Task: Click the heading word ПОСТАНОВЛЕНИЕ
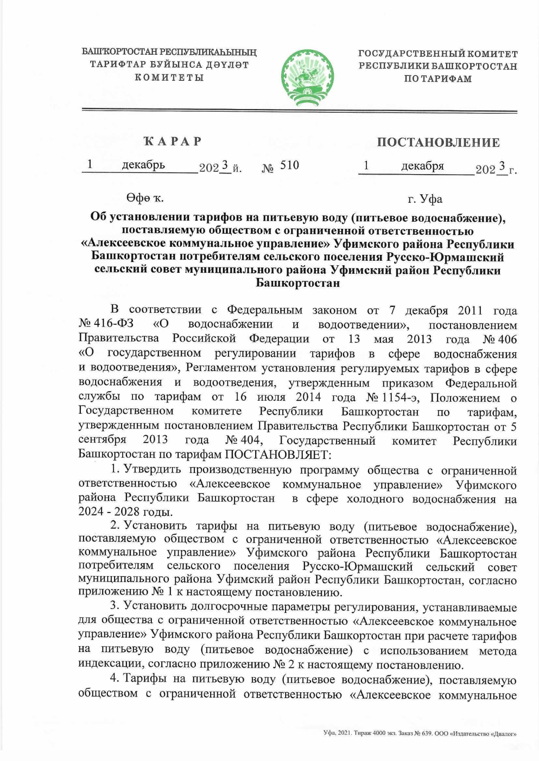(x=438, y=143)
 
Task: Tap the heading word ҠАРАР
(x=172, y=142)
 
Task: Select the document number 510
(x=289, y=166)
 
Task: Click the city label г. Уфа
(x=424, y=199)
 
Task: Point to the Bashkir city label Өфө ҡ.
(x=145, y=198)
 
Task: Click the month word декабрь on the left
(x=143, y=165)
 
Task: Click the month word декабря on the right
(x=422, y=166)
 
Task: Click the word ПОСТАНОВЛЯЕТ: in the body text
(x=278, y=455)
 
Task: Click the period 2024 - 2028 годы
(x=125, y=512)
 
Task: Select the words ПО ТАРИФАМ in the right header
(x=437, y=79)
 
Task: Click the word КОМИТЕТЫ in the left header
(x=169, y=77)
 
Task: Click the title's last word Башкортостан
(x=297, y=283)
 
